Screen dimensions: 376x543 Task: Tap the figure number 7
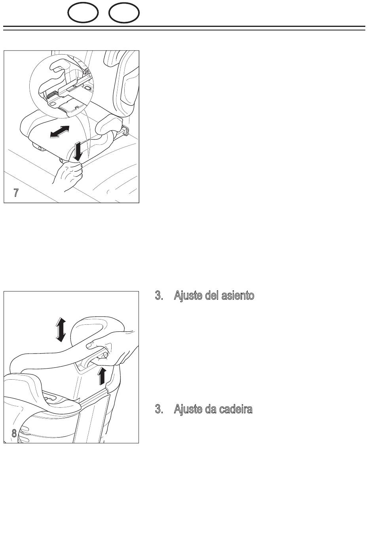coord(16,193)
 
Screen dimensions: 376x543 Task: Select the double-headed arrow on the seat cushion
coord(60,132)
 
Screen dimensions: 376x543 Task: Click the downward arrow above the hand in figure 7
coord(78,151)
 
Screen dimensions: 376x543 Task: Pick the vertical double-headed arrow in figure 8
coord(61,330)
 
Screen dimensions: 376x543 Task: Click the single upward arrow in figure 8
coord(102,375)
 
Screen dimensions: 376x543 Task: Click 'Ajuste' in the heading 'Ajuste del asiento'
coord(188,296)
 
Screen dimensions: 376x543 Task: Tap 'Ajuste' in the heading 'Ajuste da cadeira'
coord(188,409)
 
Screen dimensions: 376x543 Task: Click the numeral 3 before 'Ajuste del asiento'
coord(159,295)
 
